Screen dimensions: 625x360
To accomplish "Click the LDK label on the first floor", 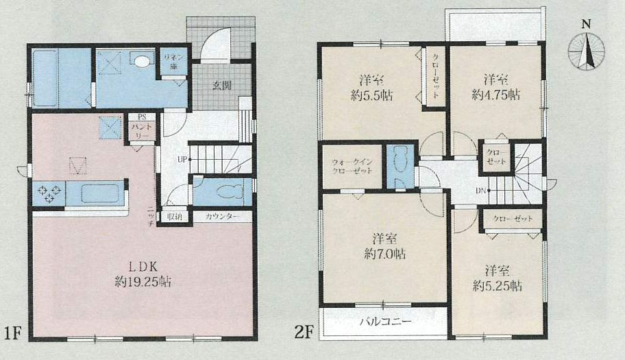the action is click(143, 266).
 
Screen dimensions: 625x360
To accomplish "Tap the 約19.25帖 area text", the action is click(143, 283).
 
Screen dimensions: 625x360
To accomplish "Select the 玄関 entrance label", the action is click(221, 86).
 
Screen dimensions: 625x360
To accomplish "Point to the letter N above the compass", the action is click(585, 24).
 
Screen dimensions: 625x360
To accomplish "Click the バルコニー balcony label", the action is click(386, 322).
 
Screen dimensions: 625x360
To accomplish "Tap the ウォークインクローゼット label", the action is click(352, 166).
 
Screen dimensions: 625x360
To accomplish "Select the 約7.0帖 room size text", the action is click(384, 254).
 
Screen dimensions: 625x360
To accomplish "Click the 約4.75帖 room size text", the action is click(496, 95).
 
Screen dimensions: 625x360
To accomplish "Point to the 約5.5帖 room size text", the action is click(371, 95).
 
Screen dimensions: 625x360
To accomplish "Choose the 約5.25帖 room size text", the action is click(497, 286).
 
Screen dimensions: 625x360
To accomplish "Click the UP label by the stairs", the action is click(182, 160).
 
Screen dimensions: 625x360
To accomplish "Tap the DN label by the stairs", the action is click(480, 191).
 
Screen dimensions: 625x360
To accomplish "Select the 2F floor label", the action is click(304, 332).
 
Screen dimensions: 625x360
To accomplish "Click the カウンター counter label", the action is click(222, 217).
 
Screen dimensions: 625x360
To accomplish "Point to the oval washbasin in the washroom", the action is click(143, 61).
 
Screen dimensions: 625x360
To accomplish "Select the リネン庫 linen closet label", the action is click(174, 62).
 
